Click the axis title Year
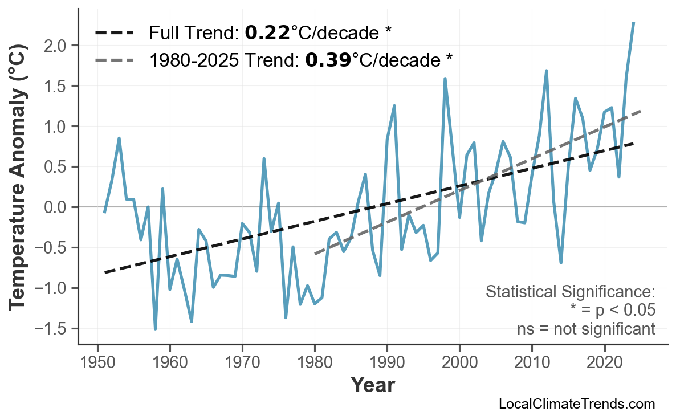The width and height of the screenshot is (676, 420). click(372, 385)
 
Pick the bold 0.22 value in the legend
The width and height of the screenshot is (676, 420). click(267, 32)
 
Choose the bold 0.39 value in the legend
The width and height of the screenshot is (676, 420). click(328, 59)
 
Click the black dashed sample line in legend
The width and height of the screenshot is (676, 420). click(115, 32)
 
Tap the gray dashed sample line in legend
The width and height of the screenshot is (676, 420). click(115, 59)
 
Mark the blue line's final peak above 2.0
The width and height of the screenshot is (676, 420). click(633, 23)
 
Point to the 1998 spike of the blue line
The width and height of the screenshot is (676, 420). click(445, 79)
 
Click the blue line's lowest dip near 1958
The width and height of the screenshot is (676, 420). click(155, 328)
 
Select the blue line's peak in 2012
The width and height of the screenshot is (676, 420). click(547, 71)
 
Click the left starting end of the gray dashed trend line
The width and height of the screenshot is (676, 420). click(315, 254)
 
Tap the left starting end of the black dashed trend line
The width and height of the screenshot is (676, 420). click(105, 272)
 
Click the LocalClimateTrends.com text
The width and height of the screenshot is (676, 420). click(576, 404)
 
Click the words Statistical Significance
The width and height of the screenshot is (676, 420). click(570, 292)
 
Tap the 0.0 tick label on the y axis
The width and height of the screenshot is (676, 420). click(59, 207)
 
